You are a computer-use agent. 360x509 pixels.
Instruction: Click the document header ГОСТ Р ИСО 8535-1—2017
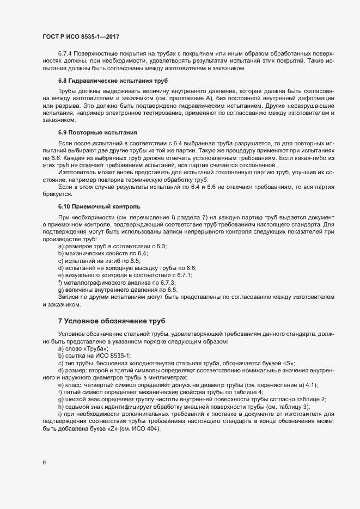point(81,36)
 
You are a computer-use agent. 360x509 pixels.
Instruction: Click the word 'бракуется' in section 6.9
point(57,193)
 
